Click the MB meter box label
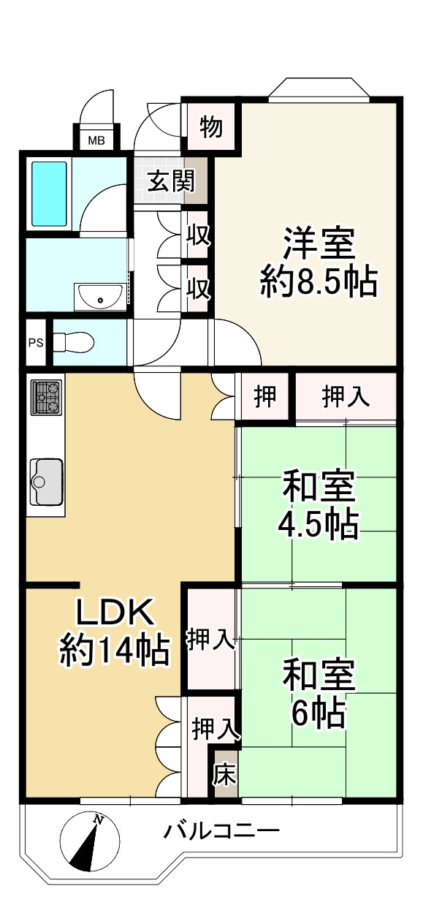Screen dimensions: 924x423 click(x=96, y=140)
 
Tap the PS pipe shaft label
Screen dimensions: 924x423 click(x=35, y=343)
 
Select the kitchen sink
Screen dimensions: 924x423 click(x=45, y=482)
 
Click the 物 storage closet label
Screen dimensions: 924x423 click(x=210, y=129)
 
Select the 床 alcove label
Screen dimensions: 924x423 click(x=224, y=775)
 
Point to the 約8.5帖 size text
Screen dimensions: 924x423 click(x=319, y=281)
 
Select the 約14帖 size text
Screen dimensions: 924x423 click(x=115, y=649)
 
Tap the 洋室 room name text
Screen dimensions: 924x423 click(x=319, y=244)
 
